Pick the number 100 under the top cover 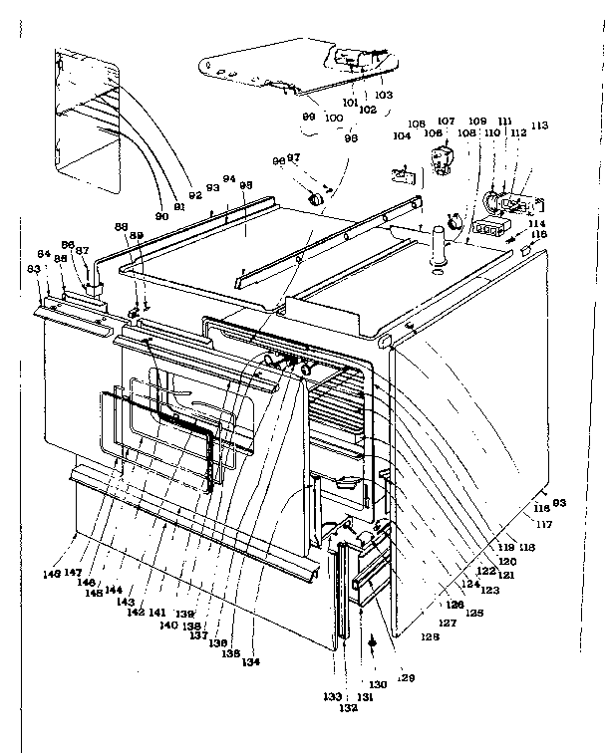click(333, 119)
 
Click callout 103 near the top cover click(384, 95)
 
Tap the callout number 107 click(446, 122)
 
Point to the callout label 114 click(538, 223)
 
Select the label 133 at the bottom click(332, 696)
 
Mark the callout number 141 click(156, 612)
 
